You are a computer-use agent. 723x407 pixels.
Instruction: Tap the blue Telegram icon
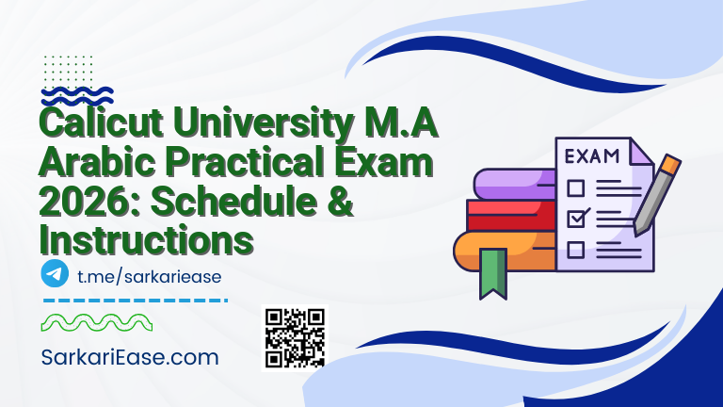pyautogui.click(x=55, y=274)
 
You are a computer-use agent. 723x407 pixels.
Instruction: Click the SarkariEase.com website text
pyautogui.click(x=130, y=358)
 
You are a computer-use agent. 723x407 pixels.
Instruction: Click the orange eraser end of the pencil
pyautogui.click(x=669, y=167)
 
